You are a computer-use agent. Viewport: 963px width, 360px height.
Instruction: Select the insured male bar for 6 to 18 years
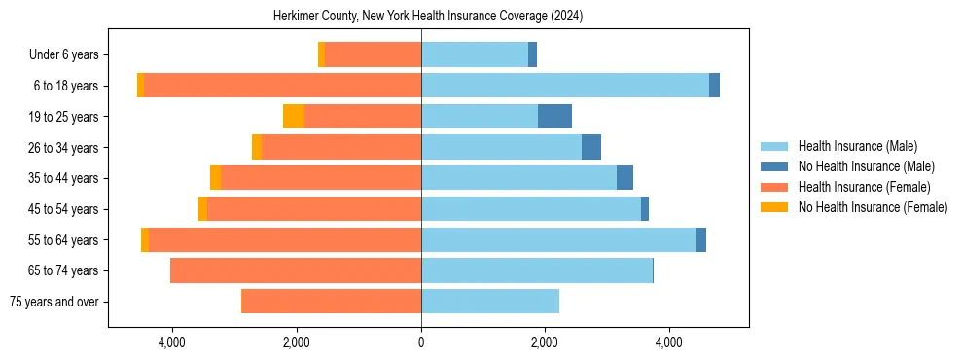tap(564, 86)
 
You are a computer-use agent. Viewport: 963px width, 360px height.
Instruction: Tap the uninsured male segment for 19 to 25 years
tap(554, 117)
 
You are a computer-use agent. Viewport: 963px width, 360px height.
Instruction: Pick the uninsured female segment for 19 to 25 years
tap(294, 117)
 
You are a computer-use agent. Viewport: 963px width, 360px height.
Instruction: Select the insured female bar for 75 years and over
tap(331, 302)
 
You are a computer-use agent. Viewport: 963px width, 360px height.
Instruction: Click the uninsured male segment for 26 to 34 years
tap(591, 147)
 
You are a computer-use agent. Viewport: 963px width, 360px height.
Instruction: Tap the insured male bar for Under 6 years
tap(475, 54)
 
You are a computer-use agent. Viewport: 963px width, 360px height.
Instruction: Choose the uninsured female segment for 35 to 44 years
tap(215, 178)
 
